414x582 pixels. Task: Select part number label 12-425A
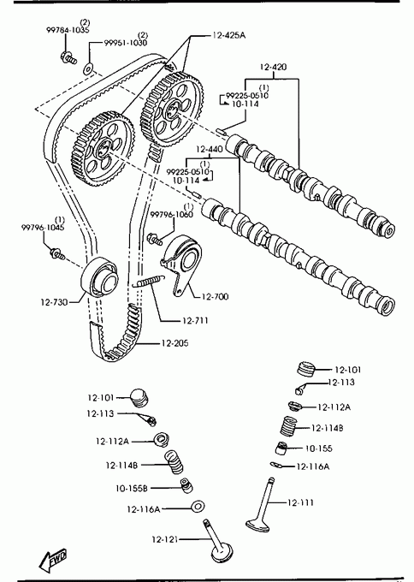click(x=229, y=35)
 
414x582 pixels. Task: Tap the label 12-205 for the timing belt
click(x=174, y=343)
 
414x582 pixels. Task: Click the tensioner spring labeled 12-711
click(x=148, y=280)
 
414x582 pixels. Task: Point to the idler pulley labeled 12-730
click(x=99, y=276)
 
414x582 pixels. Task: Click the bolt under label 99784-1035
click(x=68, y=58)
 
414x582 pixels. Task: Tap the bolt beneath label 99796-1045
click(x=57, y=254)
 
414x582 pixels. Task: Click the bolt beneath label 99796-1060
click(x=155, y=238)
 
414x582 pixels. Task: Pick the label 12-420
click(x=273, y=67)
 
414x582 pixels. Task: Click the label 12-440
click(x=210, y=149)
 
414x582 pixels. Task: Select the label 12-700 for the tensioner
click(x=216, y=296)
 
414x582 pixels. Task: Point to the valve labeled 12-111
click(x=263, y=506)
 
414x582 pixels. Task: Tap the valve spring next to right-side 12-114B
click(x=288, y=425)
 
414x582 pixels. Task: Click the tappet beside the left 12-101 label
click(x=139, y=398)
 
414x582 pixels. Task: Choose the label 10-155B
click(x=132, y=488)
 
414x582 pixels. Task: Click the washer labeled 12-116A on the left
click(x=198, y=506)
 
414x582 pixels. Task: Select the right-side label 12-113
click(x=341, y=382)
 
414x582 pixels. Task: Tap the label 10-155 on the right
click(x=319, y=448)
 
